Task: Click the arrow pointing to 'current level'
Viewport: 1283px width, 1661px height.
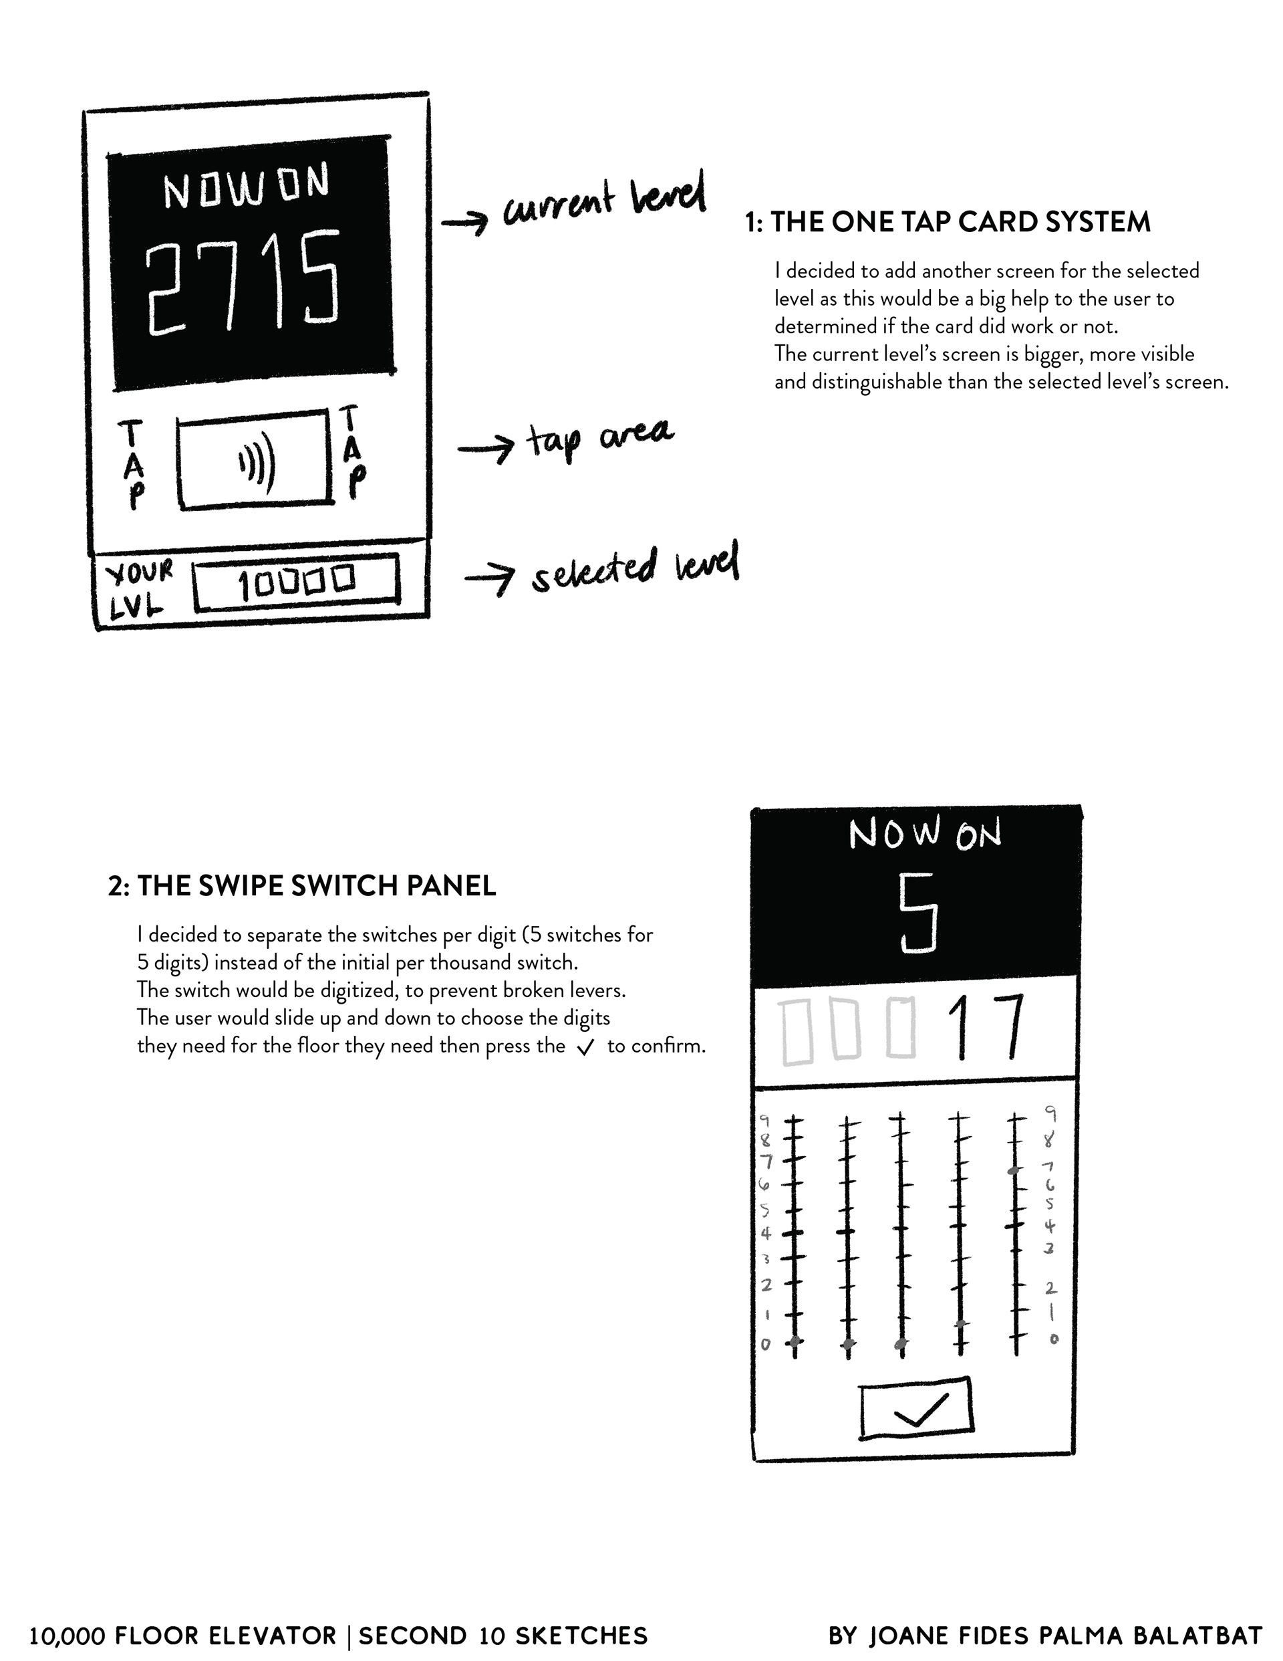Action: tap(465, 222)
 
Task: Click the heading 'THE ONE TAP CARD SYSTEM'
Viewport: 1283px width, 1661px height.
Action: tap(961, 223)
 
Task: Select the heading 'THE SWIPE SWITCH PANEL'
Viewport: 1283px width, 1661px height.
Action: tap(316, 886)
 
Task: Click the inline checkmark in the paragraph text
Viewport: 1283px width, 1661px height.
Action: tap(585, 1048)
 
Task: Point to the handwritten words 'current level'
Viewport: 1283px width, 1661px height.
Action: tap(603, 199)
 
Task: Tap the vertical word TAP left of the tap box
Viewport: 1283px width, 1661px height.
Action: tap(132, 464)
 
